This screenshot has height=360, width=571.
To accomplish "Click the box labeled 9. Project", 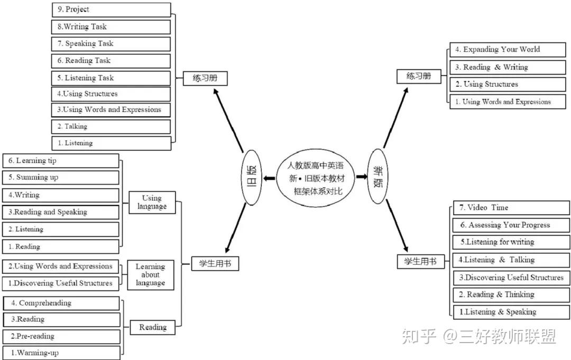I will [111, 10].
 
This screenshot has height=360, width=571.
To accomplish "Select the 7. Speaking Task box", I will [111, 44].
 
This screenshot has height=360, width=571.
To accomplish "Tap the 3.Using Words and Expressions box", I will [111, 110].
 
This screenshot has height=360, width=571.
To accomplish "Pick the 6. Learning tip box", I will [60, 161].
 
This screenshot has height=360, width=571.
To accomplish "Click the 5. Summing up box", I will [60, 178].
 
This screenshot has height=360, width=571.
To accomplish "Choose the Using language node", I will [152, 202].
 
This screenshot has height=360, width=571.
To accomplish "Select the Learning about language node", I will [150, 275].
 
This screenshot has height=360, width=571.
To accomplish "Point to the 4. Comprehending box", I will [61, 303].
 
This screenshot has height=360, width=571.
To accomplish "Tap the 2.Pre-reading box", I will [61, 336].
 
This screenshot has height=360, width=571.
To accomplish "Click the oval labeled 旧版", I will [252, 178].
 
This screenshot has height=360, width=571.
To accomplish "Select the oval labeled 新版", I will [378, 176].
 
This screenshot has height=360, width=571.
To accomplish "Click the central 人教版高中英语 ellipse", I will [316, 178].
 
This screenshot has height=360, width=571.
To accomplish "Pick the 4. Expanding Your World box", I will [500, 50].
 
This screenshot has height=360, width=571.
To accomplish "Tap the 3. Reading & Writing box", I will [500, 67].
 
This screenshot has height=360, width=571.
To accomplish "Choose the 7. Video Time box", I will [511, 208].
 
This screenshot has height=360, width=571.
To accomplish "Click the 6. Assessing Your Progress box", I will [511, 225].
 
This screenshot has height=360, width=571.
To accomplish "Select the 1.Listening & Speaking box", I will [511, 312].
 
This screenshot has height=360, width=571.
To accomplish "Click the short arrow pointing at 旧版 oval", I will [269, 178].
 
